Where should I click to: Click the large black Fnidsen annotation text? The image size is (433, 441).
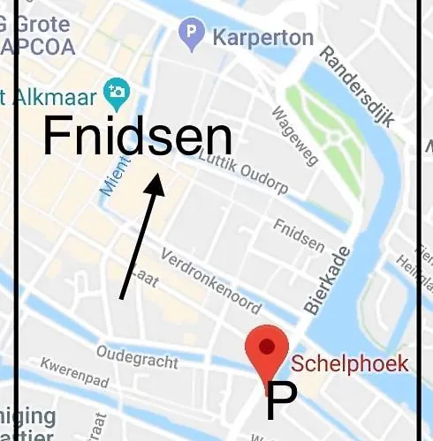(x=137, y=138)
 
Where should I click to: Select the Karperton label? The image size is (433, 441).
(x=262, y=37)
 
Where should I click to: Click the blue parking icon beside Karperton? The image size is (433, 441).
(x=191, y=35)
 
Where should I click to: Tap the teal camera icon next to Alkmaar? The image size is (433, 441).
(x=117, y=90)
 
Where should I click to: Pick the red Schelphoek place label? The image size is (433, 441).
(x=350, y=363)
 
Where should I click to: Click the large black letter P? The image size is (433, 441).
(x=280, y=403)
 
